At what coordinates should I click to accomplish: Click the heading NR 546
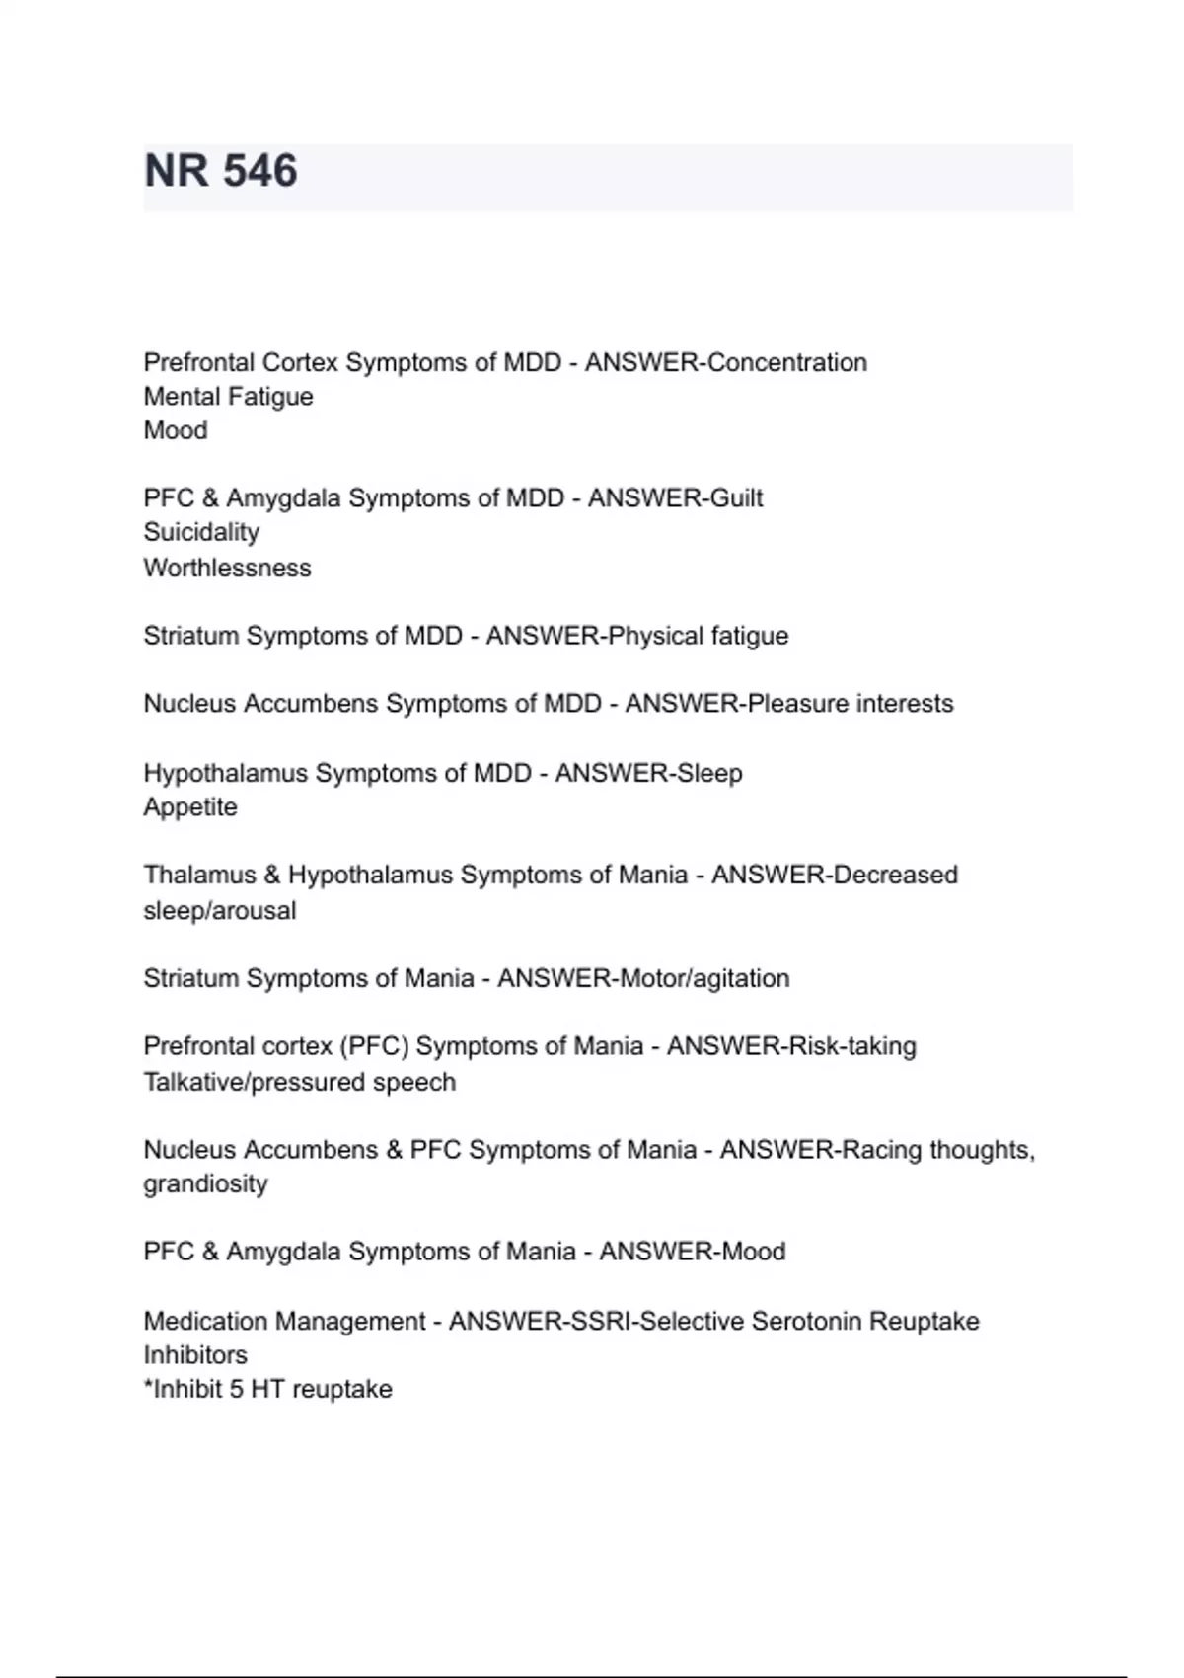point(221,171)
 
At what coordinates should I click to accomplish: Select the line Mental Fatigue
point(228,397)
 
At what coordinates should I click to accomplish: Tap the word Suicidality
point(201,532)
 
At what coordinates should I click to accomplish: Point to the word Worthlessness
point(227,568)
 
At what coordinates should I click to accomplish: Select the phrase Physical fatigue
point(698,636)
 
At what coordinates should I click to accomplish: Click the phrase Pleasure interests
point(851,704)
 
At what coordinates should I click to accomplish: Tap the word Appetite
point(190,807)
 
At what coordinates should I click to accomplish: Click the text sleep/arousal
point(219,910)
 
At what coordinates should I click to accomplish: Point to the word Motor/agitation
point(703,978)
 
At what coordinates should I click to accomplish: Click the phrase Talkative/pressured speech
point(299,1082)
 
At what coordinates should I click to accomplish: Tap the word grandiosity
point(205,1183)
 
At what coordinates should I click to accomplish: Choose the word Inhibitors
point(195,1355)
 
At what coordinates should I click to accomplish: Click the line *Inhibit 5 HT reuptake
point(267,1389)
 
